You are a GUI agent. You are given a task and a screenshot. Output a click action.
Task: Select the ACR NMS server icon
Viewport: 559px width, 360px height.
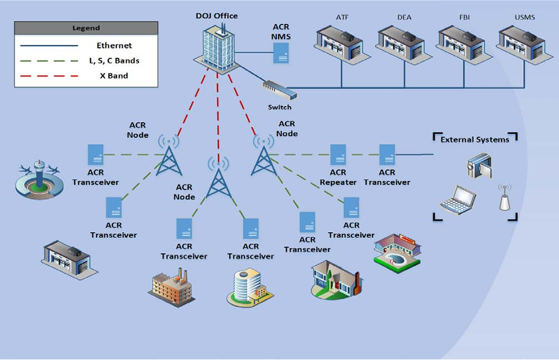point(281,53)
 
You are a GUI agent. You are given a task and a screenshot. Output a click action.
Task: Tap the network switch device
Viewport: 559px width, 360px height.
point(279,90)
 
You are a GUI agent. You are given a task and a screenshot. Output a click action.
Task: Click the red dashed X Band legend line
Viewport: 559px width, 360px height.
point(49,76)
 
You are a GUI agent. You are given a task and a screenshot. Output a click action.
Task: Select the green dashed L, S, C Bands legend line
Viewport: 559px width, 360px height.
point(49,61)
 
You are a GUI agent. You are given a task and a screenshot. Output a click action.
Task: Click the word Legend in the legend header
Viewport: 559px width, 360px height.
point(86,28)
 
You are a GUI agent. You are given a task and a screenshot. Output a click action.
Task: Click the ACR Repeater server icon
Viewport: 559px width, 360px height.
point(338,155)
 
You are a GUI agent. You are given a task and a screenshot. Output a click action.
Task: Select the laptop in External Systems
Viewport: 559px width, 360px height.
point(458,200)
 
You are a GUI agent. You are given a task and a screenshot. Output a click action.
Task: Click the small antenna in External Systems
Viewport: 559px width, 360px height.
point(505,198)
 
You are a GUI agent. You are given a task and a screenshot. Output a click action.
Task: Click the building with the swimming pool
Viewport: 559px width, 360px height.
point(397,250)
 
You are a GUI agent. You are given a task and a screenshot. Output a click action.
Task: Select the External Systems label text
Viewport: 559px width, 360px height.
point(474,139)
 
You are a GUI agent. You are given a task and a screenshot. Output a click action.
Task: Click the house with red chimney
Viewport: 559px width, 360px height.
point(336,278)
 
